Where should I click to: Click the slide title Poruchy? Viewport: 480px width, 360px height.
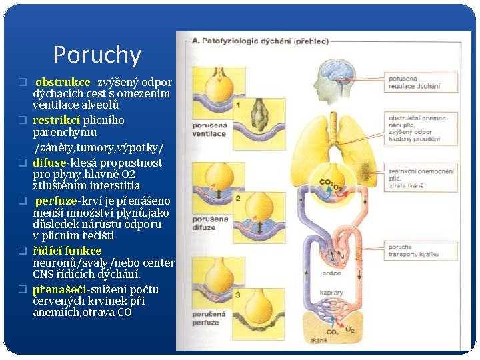(97, 55)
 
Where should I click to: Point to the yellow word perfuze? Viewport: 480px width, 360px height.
(56, 201)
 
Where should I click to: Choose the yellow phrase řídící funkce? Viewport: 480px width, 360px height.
(67, 251)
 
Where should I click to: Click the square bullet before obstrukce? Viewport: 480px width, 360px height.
(21, 83)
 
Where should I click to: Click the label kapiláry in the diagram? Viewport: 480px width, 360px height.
(331, 293)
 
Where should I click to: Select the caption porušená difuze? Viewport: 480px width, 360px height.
(209, 222)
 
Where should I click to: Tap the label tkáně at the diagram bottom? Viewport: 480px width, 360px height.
(319, 340)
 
